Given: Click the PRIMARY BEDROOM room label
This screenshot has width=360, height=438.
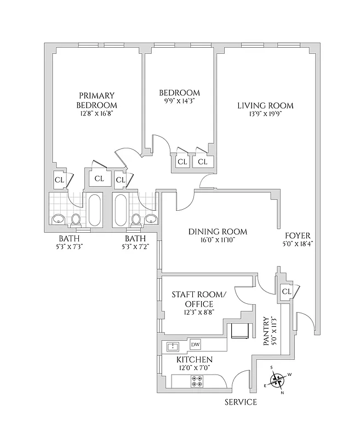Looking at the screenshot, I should tap(96, 100).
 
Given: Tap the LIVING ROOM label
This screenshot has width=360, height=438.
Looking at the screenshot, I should tap(265, 106).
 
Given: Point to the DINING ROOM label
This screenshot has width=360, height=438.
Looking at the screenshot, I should tap(218, 232).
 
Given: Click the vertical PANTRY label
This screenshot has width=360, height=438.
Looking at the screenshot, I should tap(266, 331).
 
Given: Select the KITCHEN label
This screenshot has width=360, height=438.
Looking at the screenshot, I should tap(194, 359).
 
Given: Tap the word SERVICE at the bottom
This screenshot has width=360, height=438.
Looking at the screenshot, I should tap(241, 402).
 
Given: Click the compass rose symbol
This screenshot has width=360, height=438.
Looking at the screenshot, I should tap(278, 379).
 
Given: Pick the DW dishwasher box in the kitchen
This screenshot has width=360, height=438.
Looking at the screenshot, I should tap(195, 344).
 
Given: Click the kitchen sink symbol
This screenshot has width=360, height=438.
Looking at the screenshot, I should tap(173, 346).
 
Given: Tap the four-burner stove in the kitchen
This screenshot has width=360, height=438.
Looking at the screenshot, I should tap(197, 381).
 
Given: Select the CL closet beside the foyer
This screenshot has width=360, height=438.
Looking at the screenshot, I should tap(286, 291).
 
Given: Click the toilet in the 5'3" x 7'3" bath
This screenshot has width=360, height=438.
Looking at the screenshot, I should tap(76, 220).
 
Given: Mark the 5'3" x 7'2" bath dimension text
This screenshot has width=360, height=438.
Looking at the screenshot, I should tap(135, 247).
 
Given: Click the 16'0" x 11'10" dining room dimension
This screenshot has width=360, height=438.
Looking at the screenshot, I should tap(218, 240).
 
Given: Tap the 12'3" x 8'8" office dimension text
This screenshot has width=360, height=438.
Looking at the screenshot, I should tap(192, 312).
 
